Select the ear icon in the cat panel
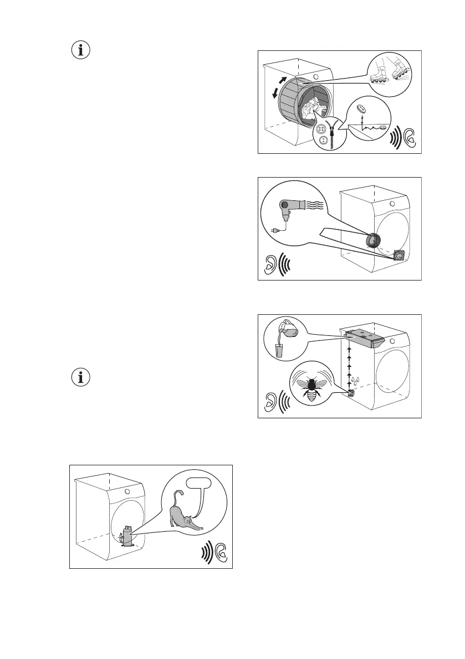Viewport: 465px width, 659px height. pos(221,551)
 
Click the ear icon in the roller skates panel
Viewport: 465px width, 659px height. pos(410,137)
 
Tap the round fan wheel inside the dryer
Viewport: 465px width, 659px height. pos(374,241)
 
